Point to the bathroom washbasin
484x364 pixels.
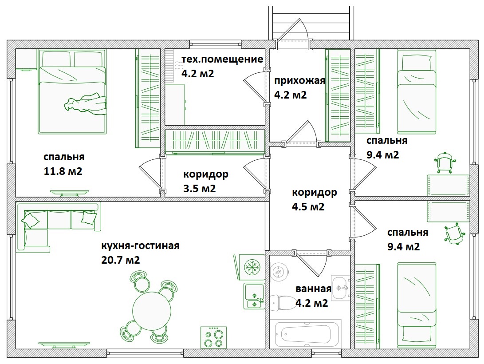(x=340, y=288)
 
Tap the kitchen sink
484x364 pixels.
(x=254, y=296)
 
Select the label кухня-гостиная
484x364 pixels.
(x=140, y=246)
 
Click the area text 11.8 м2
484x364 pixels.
(x=63, y=171)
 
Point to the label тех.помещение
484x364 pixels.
(x=222, y=59)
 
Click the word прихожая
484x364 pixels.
(x=300, y=81)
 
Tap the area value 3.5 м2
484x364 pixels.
(x=199, y=188)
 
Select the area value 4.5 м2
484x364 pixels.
(x=308, y=206)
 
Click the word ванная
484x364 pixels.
(x=313, y=289)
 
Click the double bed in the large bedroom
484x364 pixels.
(x=72, y=91)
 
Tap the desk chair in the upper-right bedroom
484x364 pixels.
(x=445, y=162)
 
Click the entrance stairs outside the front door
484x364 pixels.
(x=311, y=23)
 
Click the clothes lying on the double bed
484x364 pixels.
(x=86, y=103)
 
